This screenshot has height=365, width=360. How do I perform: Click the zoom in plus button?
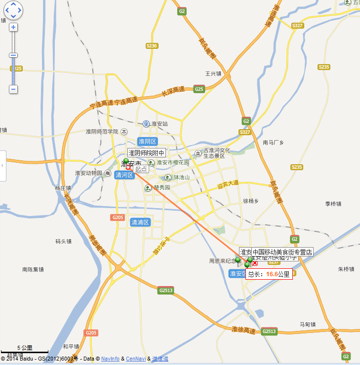coord(13,27)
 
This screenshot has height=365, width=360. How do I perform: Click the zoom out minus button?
coord(13,89)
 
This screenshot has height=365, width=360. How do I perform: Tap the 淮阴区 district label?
coord(147,142)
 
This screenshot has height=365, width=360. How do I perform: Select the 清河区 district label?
coord(124,175)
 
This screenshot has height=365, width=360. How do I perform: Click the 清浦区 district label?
coord(140,222)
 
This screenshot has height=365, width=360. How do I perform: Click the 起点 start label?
coord(141,169)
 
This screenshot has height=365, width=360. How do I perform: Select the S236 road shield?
coord(152,46)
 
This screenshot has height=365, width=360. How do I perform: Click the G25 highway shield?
coord(199,89)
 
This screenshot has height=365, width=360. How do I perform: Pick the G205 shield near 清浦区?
coord(118,218)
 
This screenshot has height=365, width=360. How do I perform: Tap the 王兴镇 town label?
coord(213,73)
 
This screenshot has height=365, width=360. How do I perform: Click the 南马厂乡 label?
coord(274,143)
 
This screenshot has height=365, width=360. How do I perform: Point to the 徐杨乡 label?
coord(251,201)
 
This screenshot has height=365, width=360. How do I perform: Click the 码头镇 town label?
coord(64,241)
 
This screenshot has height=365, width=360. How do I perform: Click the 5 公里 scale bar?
coord(25,350)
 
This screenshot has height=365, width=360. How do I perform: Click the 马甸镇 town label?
coord(307,324)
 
